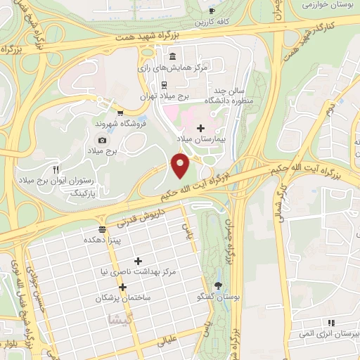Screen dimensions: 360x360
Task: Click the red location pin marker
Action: [181, 165]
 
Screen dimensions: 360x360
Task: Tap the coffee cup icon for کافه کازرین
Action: [212, 11]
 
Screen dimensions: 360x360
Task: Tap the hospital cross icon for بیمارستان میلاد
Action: [201, 128]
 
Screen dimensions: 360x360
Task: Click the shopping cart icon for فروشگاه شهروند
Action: [121, 112]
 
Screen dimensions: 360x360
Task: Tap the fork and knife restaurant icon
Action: [56, 169]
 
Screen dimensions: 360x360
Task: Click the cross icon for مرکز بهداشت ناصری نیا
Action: [138, 261]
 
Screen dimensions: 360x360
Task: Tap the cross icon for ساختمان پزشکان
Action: [122, 287]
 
